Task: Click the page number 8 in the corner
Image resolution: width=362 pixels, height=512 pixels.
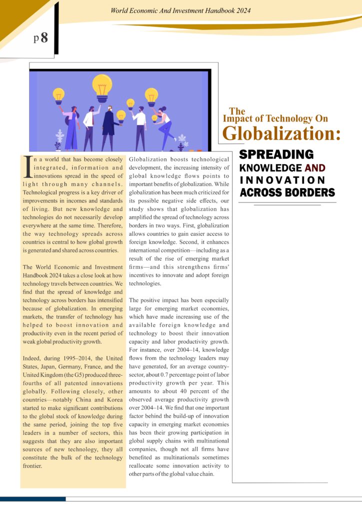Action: tap(44, 38)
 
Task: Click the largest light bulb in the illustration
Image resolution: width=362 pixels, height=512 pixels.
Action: tap(102, 85)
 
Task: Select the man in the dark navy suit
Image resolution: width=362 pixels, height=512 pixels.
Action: tap(110, 128)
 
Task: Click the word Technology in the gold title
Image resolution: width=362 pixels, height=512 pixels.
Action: tap(280, 118)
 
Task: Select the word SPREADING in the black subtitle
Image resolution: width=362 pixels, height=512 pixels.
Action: tap(276, 154)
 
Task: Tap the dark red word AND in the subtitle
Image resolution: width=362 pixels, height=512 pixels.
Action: tap(315, 168)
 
